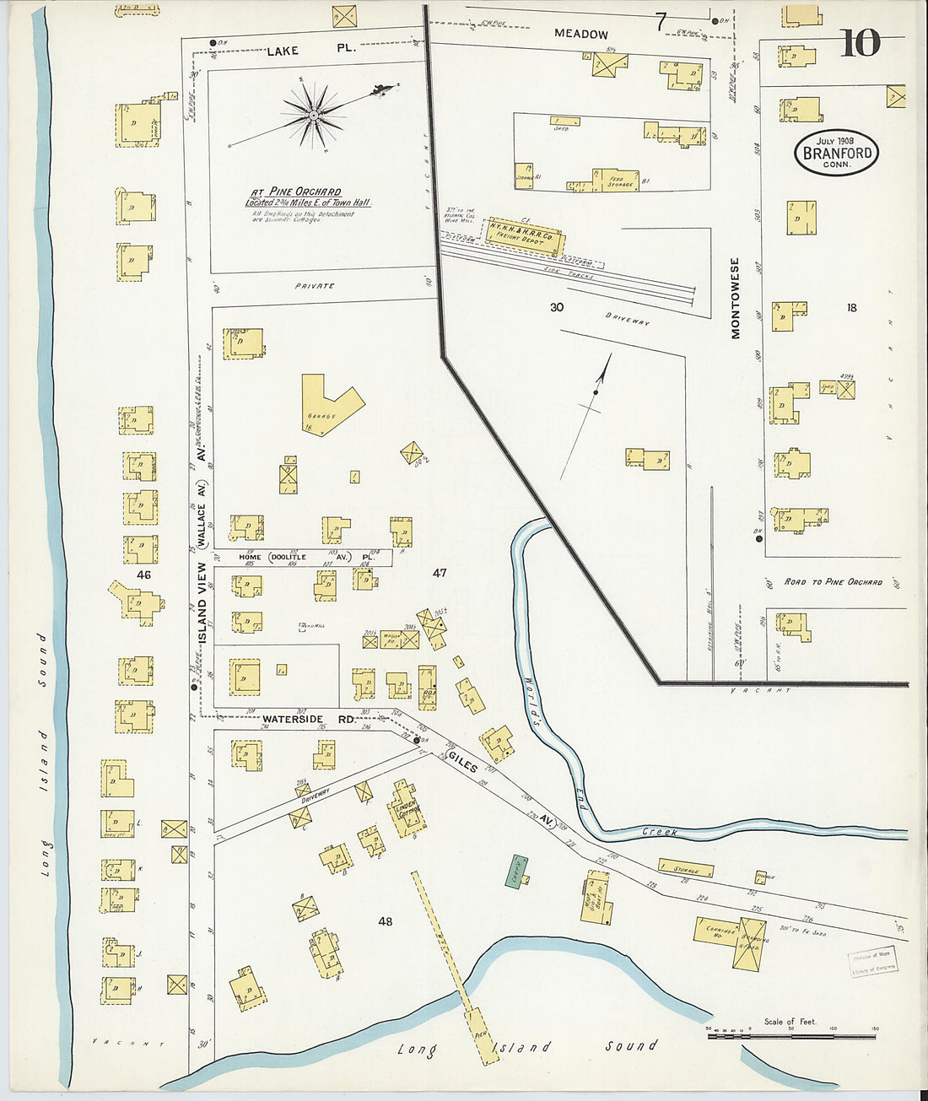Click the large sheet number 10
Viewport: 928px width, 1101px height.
pos(860,43)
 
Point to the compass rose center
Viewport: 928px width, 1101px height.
pos(313,114)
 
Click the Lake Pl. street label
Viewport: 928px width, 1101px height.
pos(310,51)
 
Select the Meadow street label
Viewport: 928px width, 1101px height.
pos(581,35)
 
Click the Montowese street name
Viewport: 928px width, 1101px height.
pos(735,298)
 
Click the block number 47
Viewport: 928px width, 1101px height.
pos(440,573)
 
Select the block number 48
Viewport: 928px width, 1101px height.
pos(386,921)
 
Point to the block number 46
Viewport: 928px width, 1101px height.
pos(143,575)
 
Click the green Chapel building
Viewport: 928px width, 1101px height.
pos(516,870)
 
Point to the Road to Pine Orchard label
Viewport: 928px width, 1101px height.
pos(833,582)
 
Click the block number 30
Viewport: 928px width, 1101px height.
pos(557,307)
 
